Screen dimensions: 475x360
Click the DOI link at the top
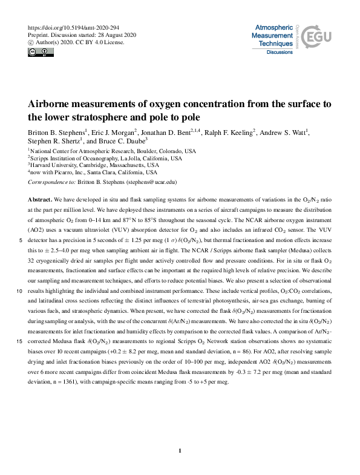(x=70, y=28)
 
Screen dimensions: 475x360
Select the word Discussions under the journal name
(x=280, y=53)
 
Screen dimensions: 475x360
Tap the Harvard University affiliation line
(x=94, y=165)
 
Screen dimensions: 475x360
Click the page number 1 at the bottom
(x=180, y=450)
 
